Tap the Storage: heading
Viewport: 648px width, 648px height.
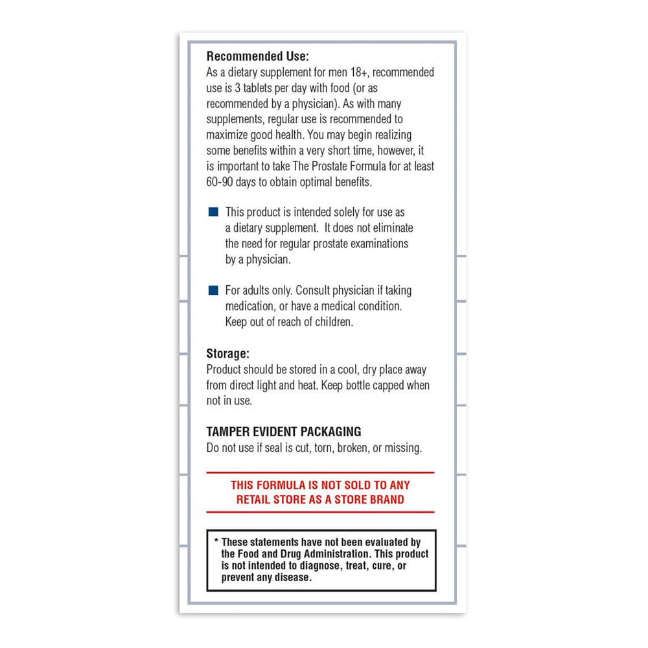coord(227,354)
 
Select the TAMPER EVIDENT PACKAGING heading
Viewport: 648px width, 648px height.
coord(284,432)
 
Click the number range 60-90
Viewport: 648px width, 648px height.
coord(222,182)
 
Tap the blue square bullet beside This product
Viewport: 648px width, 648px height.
coord(213,213)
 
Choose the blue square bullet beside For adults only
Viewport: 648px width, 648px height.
coord(213,290)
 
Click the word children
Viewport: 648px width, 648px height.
coord(334,322)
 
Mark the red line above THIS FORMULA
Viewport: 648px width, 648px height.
coord(320,472)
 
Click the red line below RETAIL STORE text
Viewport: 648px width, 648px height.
coord(320,513)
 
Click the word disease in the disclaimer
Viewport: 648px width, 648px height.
coord(292,577)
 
